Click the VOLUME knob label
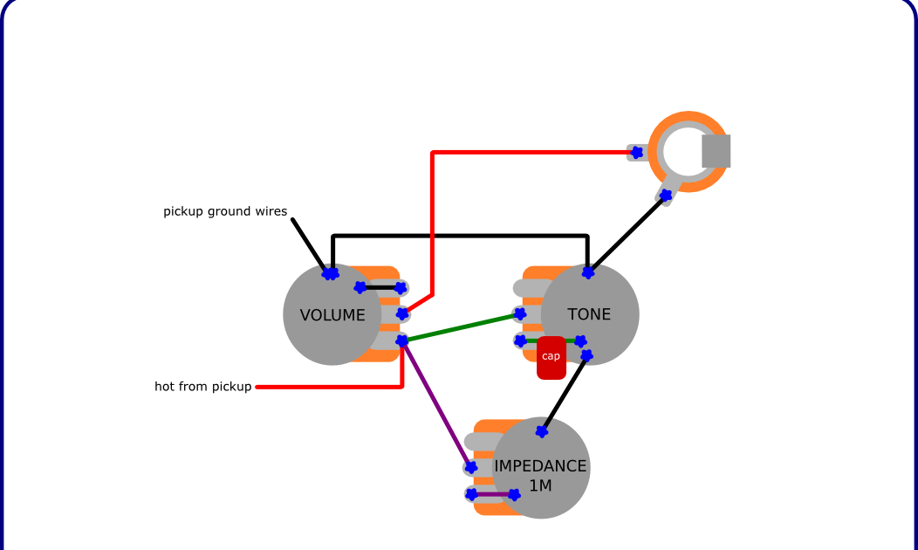[x=332, y=315]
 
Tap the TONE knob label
[x=589, y=314]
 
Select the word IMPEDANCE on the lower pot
[x=541, y=466]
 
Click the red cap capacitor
[x=551, y=357]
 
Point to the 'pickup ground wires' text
[x=225, y=211]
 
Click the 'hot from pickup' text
[x=203, y=387]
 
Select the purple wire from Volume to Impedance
[x=436, y=403]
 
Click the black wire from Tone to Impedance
[x=564, y=394]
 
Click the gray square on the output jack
[x=716, y=151]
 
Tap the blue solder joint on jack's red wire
[x=636, y=152]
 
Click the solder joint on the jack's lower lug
[x=666, y=196]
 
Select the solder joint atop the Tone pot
[x=588, y=272]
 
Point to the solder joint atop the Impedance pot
[x=542, y=431]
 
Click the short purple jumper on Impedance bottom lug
[x=493, y=495]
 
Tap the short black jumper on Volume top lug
[x=380, y=287]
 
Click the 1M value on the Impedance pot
[x=541, y=485]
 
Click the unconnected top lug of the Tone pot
[x=529, y=287]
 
